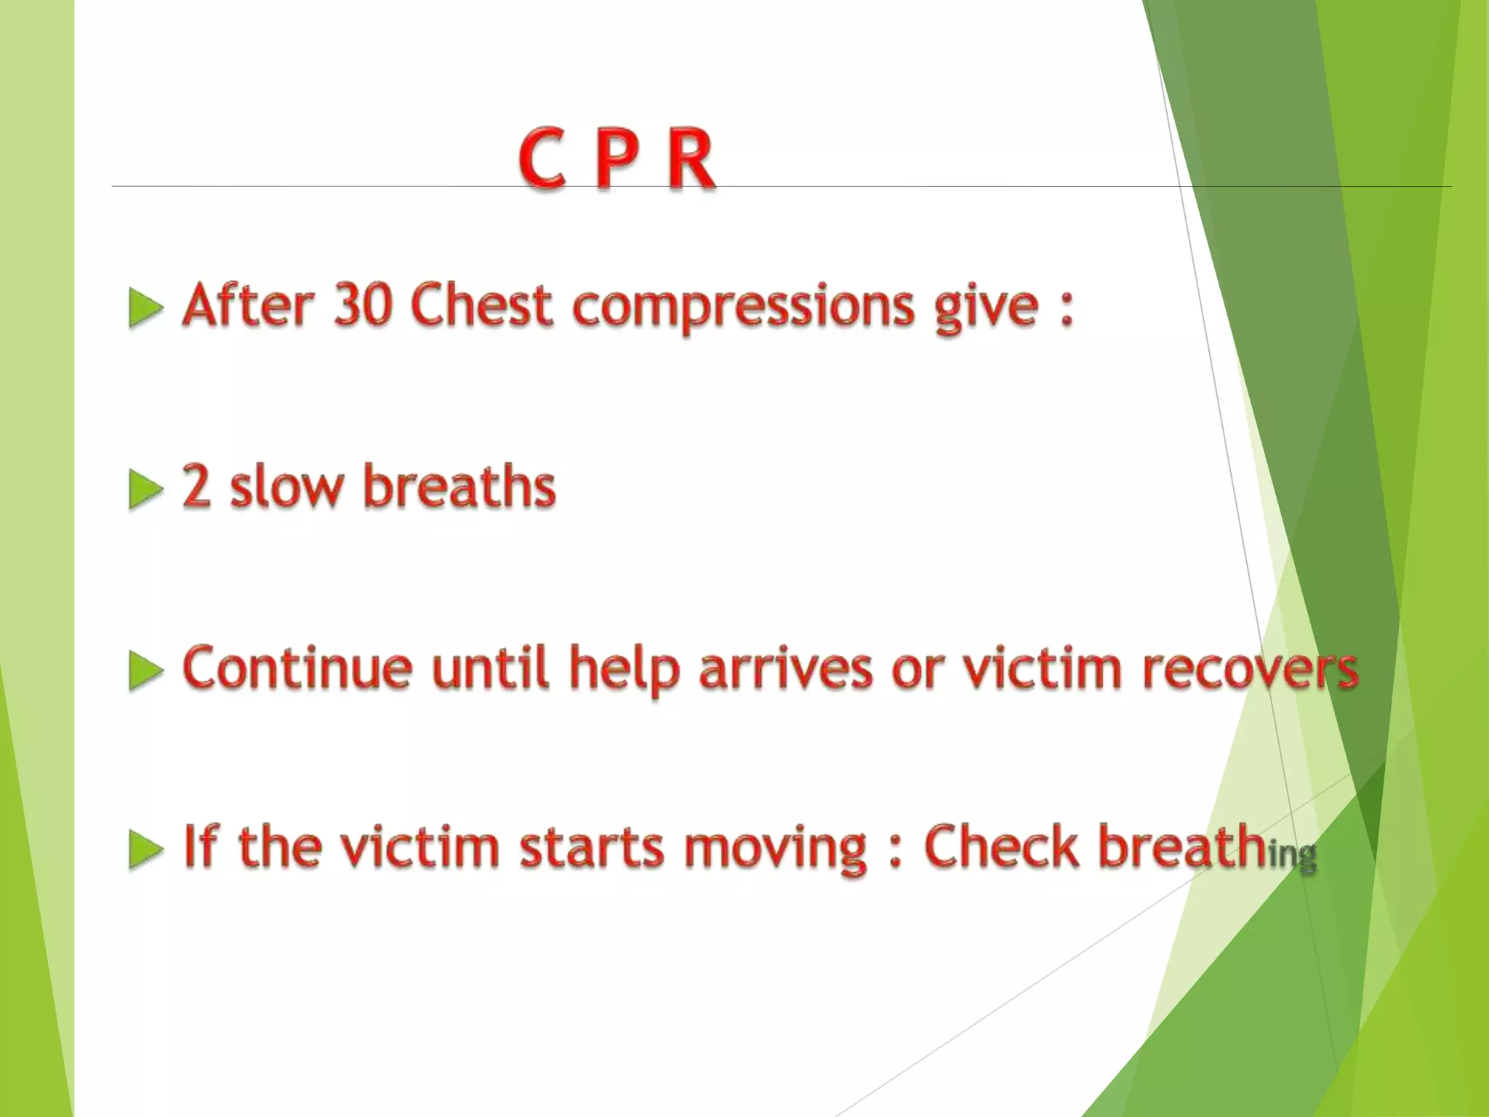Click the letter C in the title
click(x=542, y=159)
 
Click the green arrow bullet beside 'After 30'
click(x=145, y=308)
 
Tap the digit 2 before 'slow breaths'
click(x=196, y=486)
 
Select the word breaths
click(x=459, y=485)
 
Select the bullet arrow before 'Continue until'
click(x=145, y=670)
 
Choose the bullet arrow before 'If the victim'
click(x=145, y=849)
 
